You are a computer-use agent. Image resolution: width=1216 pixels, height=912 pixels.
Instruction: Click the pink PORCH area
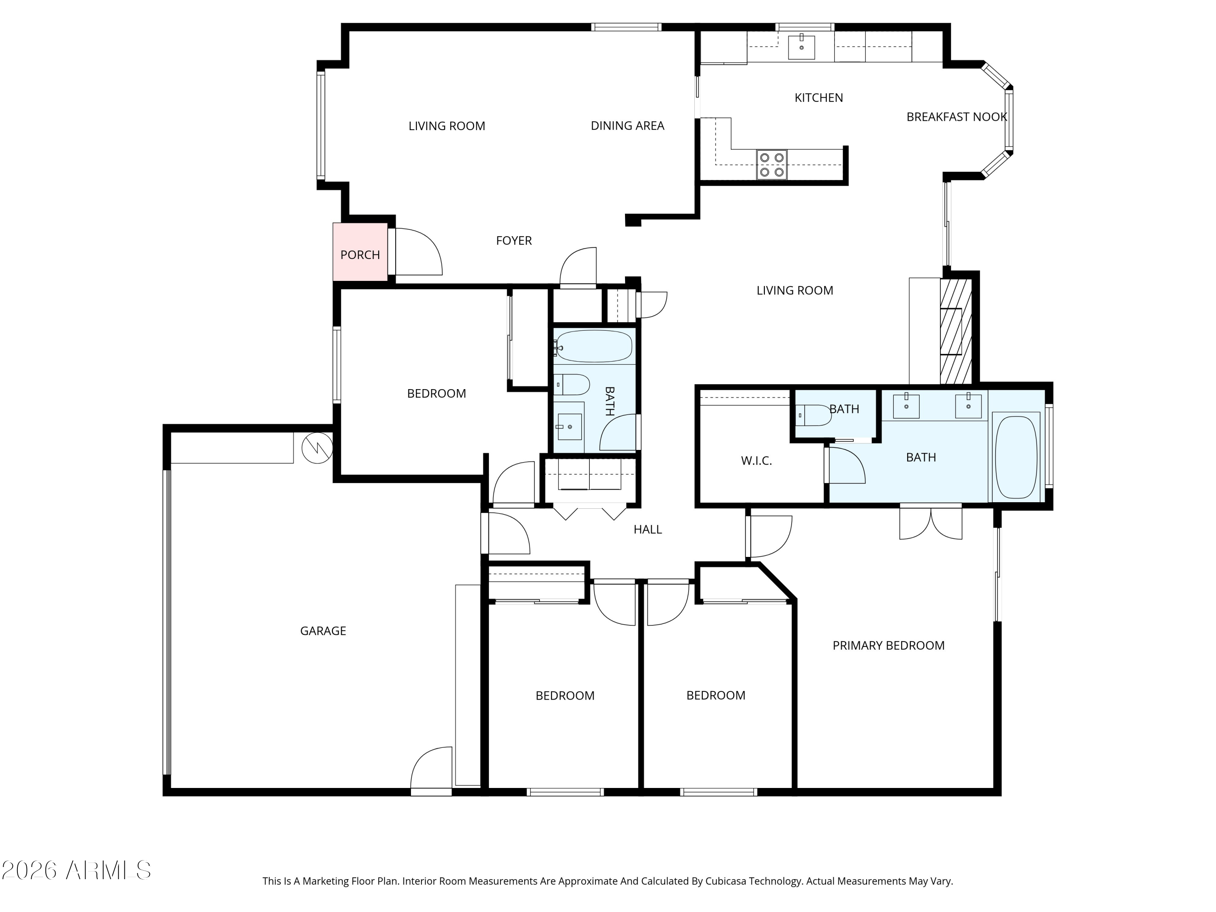pos(360,252)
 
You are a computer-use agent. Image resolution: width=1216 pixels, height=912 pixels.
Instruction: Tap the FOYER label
pos(514,241)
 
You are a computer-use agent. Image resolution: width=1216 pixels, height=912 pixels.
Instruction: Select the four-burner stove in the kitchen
pos(771,165)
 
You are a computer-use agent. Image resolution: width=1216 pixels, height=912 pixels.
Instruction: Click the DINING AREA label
pos(627,126)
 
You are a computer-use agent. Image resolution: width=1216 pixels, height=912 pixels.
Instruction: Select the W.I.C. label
pos(756,461)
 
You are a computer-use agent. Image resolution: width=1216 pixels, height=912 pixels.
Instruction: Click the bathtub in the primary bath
pos(1016,457)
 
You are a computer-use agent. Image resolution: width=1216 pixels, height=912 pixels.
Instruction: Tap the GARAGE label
pos(323,631)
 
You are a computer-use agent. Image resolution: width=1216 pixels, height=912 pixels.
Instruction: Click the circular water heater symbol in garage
pos(317,448)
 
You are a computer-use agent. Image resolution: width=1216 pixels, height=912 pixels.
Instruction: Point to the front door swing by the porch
pos(418,252)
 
